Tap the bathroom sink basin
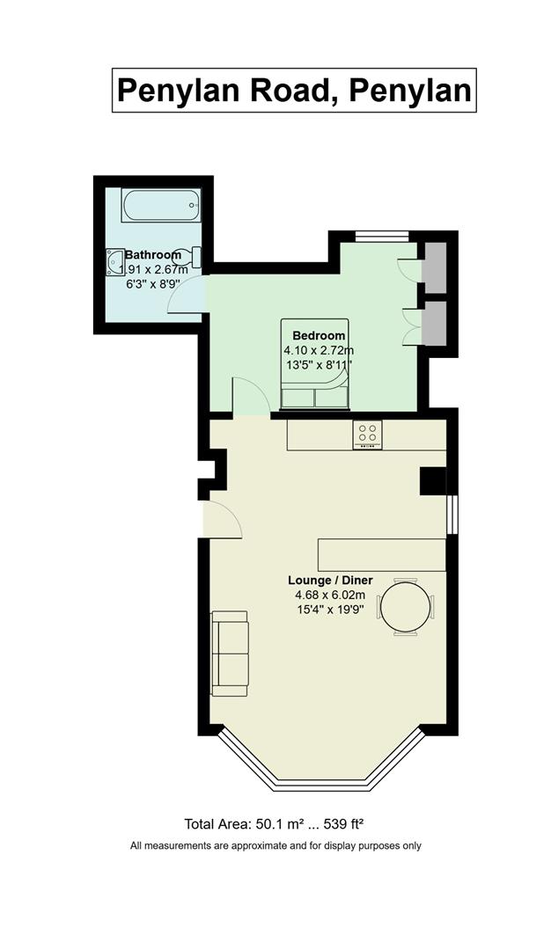[114, 262]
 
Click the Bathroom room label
[153, 255]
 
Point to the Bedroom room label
[319, 336]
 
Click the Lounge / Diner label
[330, 581]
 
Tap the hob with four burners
[367, 435]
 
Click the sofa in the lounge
[230, 654]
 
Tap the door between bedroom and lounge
[252, 397]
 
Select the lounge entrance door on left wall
[223, 520]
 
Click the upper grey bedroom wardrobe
[434, 267]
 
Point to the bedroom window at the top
[383, 237]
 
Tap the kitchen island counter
[382, 554]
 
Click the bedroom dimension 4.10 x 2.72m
[319, 350]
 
